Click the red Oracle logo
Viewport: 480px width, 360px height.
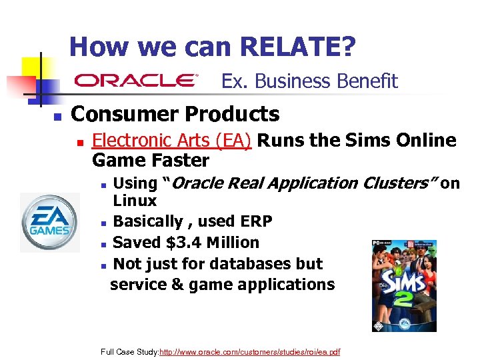137,81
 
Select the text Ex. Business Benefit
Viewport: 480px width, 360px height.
309,81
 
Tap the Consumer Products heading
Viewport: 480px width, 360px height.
175,114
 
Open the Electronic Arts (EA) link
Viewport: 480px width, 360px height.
171,141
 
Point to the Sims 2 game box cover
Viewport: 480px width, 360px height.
404,285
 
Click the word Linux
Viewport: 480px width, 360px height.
135,201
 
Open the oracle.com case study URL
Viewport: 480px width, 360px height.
250,351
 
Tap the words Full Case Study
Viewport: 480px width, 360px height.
129,351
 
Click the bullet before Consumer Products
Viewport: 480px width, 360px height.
57,116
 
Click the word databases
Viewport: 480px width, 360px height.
229,264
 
